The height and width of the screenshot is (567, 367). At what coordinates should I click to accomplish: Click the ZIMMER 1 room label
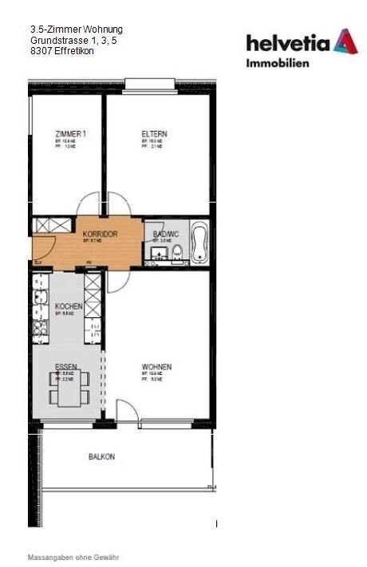point(70,134)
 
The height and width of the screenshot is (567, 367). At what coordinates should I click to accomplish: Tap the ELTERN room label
point(154,134)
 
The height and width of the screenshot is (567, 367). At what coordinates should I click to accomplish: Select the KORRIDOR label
point(101,234)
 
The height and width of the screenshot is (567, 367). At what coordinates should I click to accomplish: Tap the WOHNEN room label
point(157,367)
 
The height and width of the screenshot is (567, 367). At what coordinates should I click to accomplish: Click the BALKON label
point(101,457)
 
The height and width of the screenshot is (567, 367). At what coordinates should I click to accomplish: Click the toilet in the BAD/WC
point(176,254)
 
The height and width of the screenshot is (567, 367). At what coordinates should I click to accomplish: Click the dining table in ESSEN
point(69,390)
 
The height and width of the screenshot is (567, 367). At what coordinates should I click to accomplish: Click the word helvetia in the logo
point(288,42)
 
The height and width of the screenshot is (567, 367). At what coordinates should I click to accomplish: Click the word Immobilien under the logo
point(277,62)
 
